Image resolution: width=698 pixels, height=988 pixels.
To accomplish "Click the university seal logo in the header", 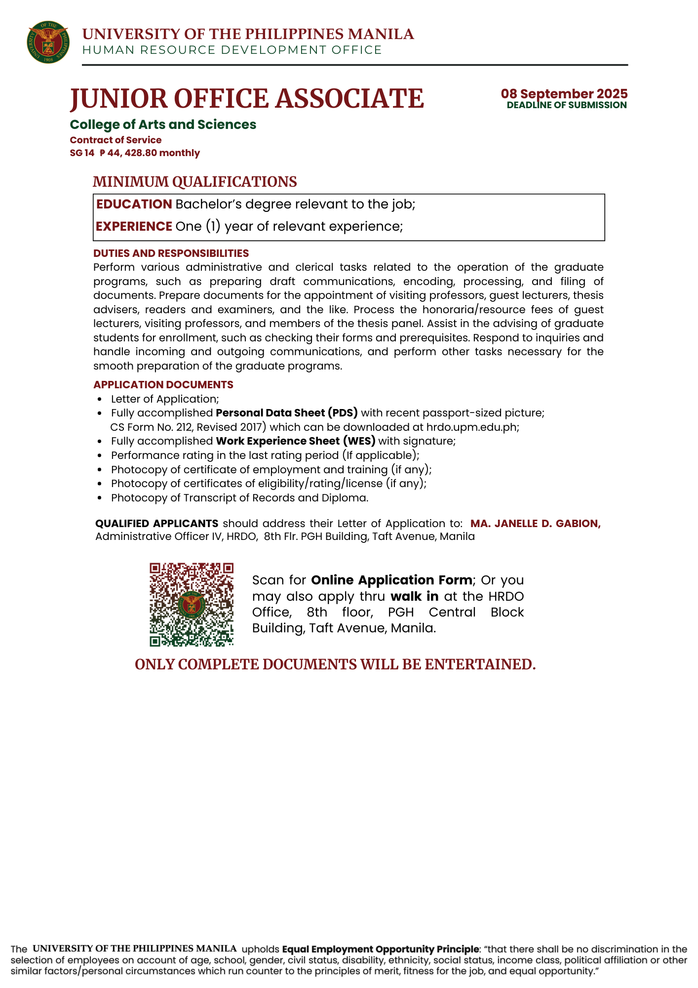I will coord(48,42).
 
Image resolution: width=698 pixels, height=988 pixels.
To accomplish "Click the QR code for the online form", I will coord(192,604).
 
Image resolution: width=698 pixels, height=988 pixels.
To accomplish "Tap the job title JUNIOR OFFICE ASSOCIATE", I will coord(247,98).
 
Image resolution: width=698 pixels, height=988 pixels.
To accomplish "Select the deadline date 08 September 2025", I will coord(564,93).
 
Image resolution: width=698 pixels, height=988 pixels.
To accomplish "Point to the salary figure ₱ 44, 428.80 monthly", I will coord(150,153).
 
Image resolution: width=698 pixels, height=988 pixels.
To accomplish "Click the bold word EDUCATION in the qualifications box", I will coord(134,204).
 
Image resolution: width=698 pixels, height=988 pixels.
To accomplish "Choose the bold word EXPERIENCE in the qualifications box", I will coord(134,226).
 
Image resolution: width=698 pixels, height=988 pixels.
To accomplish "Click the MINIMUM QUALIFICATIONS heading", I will coord(195,182).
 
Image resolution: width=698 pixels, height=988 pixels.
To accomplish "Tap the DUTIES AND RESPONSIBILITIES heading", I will coord(171,253).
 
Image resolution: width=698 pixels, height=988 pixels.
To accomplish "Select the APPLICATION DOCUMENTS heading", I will coord(163,385).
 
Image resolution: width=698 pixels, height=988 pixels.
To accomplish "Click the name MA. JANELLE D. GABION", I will coord(536,524).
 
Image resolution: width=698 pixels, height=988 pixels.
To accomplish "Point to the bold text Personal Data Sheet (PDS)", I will coord(287,413).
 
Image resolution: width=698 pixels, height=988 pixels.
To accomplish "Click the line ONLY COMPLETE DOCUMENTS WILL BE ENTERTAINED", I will coord(335,664).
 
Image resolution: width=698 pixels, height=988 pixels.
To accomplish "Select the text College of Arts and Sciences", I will coord(163,124).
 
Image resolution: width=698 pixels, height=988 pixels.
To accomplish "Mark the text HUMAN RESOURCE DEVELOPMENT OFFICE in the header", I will coord(232,50).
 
